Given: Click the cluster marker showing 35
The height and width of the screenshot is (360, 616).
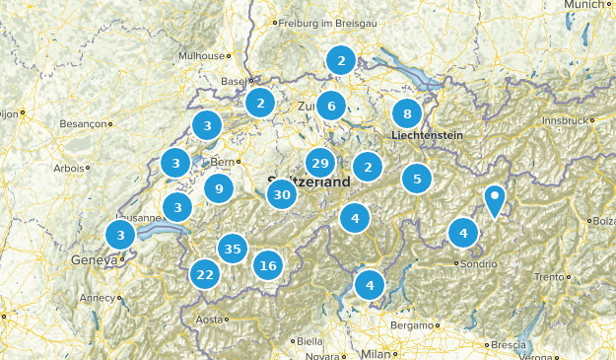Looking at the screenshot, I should pyautogui.click(x=233, y=249).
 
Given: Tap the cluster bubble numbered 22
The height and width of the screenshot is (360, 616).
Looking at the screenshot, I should pyautogui.click(x=205, y=274).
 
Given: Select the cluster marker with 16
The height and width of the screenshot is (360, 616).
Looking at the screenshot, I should pyautogui.click(x=267, y=264).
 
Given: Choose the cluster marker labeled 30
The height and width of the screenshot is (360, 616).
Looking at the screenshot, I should pyautogui.click(x=282, y=194).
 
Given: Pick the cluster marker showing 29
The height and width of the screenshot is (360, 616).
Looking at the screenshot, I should pyautogui.click(x=319, y=164).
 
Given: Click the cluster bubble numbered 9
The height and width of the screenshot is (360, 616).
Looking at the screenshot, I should pyautogui.click(x=219, y=187).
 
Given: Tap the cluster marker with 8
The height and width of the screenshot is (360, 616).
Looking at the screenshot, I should pyautogui.click(x=407, y=113).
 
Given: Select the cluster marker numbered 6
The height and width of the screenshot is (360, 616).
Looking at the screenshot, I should pyautogui.click(x=332, y=106).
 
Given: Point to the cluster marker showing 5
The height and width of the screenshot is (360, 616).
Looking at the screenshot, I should pyautogui.click(x=417, y=179).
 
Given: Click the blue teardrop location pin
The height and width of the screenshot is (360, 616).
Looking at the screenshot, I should pyautogui.click(x=495, y=199).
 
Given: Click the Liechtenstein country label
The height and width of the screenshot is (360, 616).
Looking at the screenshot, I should pyautogui.click(x=427, y=135).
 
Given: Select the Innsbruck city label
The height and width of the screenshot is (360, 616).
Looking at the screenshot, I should pyautogui.click(x=563, y=119).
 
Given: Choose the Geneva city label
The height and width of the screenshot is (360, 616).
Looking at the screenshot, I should pyautogui.click(x=94, y=260).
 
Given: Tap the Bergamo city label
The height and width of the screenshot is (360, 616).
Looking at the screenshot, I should pyautogui.click(x=412, y=324).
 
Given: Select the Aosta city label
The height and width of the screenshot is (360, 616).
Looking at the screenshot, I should pyautogui.click(x=210, y=320).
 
